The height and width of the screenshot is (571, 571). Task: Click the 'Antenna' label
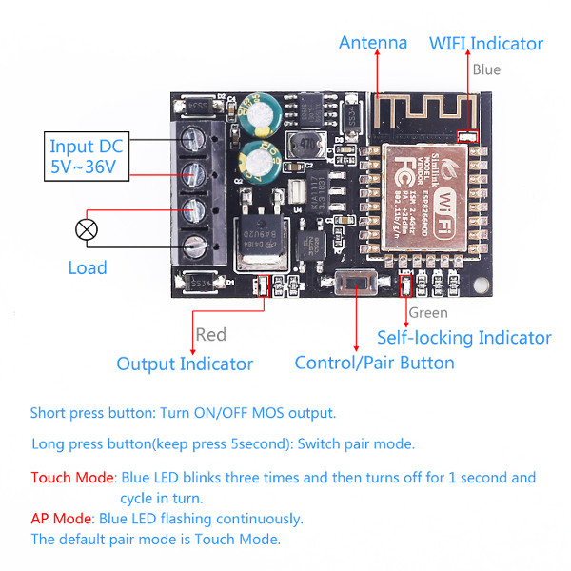pos(373,43)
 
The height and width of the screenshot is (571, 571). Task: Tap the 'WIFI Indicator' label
pos(485,44)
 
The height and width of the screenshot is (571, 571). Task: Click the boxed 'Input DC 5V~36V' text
pos(87,156)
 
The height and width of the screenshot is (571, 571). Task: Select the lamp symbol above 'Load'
pos(87,229)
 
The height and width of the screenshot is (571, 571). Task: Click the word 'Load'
pos(88,267)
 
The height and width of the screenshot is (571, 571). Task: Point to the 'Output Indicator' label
pos(185,364)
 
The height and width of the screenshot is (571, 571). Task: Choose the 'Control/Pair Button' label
pos(374,363)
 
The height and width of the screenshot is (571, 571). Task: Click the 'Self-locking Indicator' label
pos(463,338)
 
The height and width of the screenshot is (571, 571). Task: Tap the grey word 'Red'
pos(210,334)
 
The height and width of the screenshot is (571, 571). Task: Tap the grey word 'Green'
pos(427,312)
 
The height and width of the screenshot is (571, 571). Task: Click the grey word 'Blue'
pos(485,69)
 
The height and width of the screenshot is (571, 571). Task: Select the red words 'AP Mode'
pos(62,519)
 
